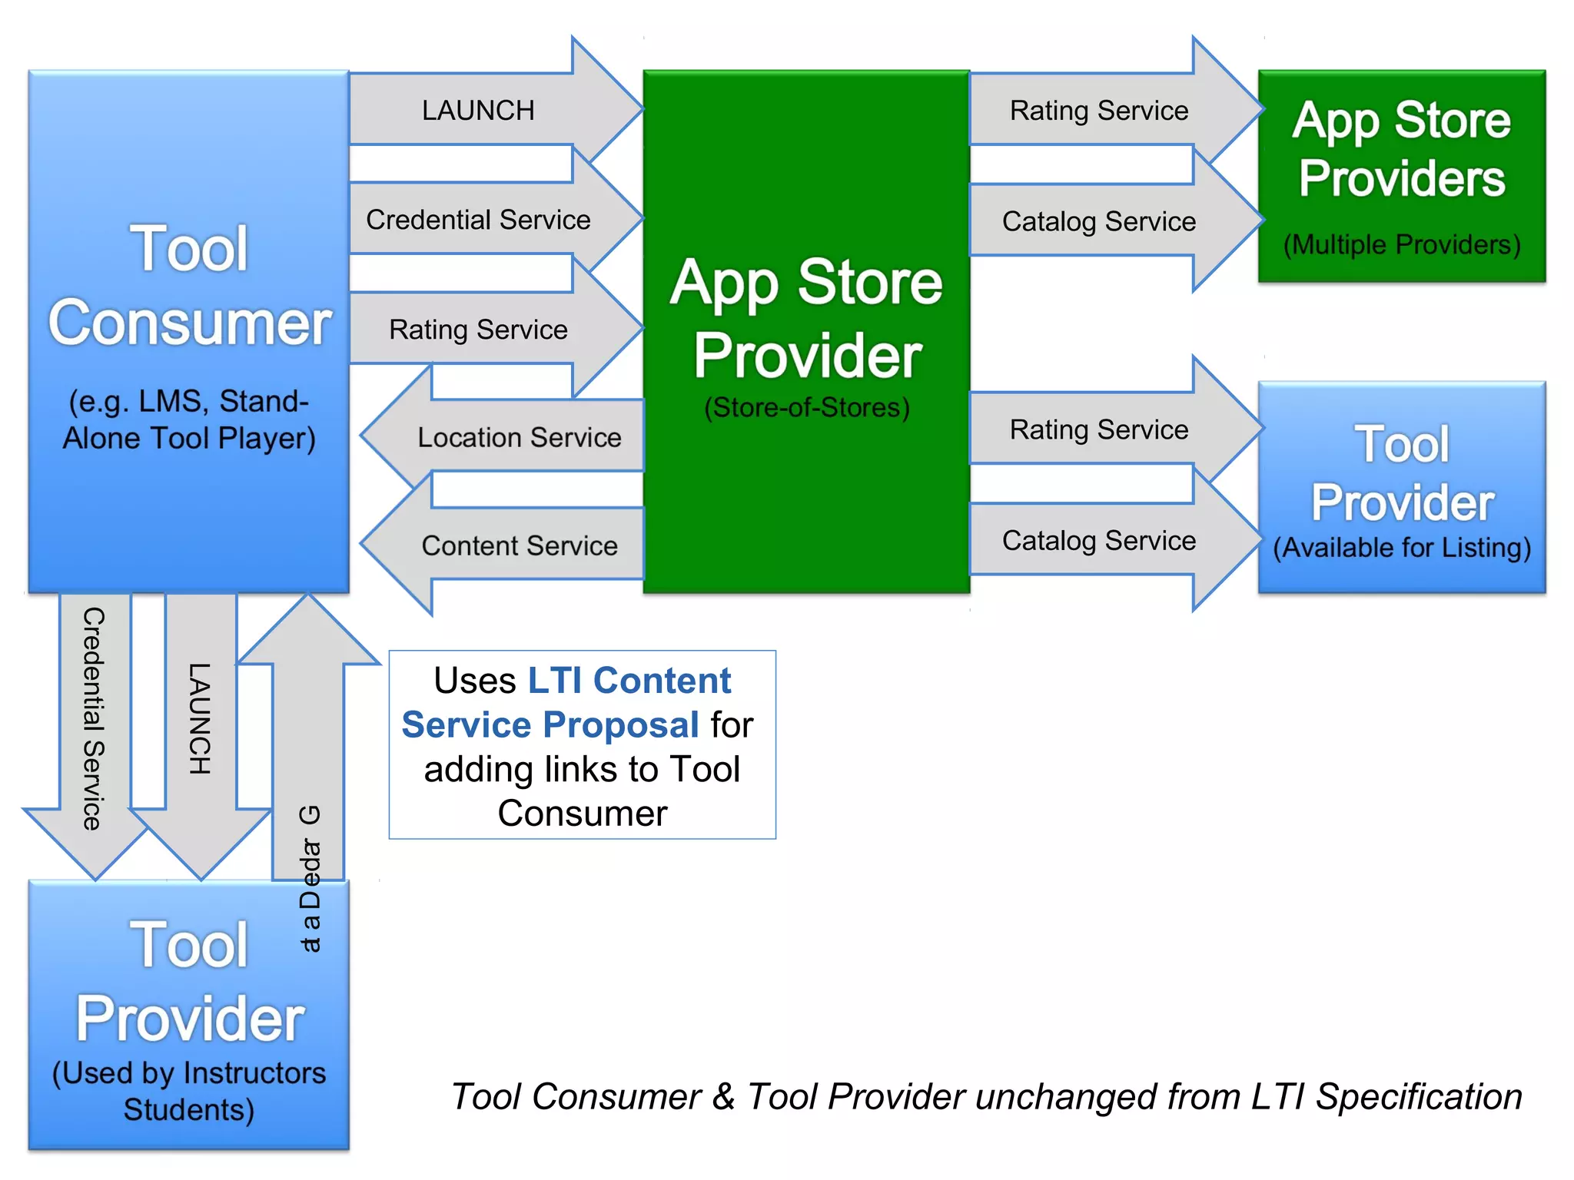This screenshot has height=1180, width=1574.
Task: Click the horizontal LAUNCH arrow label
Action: tap(478, 111)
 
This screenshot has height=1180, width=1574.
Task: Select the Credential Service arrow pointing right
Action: tap(478, 220)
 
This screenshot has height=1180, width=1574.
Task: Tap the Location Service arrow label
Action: tap(519, 437)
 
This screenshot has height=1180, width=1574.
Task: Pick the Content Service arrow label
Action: tap(519, 545)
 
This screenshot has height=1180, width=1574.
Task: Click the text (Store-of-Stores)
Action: tap(807, 407)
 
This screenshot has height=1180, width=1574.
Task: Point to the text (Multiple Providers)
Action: tap(1402, 244)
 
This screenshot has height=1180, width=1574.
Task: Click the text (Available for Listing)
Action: tap(1402, 548)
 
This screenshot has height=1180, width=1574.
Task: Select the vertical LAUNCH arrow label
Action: tap(200, 718)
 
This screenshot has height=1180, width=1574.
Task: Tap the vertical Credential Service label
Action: tap(94, 718)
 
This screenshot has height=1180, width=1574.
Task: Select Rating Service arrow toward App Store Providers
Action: tap(1099, 111)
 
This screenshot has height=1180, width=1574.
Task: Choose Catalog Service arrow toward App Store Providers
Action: tap(1099, 221)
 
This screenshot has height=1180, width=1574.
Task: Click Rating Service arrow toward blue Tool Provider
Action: tap(1099, 429)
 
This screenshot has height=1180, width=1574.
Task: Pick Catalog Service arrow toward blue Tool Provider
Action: tap(1099, 540)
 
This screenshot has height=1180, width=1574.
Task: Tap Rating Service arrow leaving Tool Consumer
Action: tap(478, 330)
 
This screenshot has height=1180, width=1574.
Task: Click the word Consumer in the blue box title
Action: tap(189, 323)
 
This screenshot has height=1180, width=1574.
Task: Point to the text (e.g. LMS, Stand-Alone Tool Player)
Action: tap(189, 419)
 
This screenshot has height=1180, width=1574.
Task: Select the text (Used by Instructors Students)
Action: tap(189, 1091)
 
